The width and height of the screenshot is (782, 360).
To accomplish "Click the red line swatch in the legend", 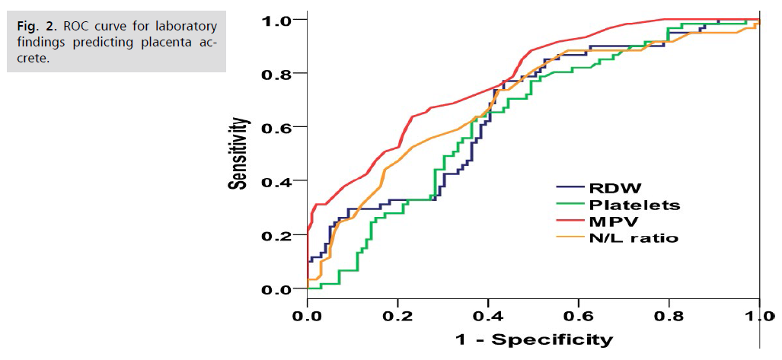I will [570, 221].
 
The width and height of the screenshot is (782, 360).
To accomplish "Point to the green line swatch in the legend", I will [570, 205].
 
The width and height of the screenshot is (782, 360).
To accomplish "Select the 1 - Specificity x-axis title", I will [532, 339].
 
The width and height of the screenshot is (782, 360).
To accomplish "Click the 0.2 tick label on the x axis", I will [397, 314].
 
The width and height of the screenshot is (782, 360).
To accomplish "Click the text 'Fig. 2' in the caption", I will [32, 27].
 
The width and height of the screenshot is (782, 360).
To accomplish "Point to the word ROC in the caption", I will [75, 27].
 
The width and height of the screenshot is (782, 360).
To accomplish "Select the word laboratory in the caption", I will [187, 27].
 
